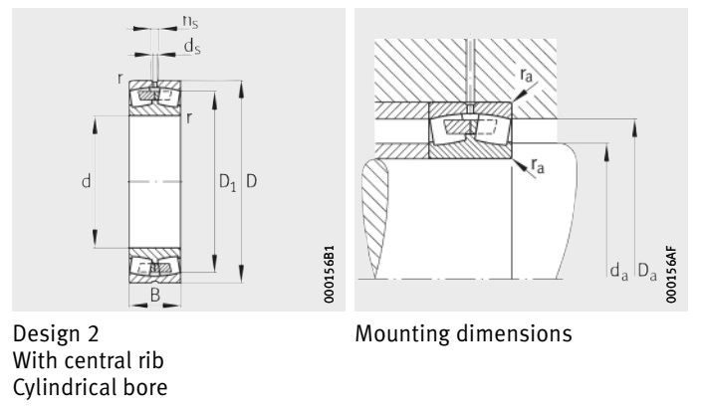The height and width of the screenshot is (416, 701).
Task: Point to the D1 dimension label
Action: (226, 183)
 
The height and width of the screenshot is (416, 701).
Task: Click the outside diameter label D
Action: (252, 183)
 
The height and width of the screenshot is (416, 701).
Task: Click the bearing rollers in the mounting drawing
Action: (469, 128)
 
